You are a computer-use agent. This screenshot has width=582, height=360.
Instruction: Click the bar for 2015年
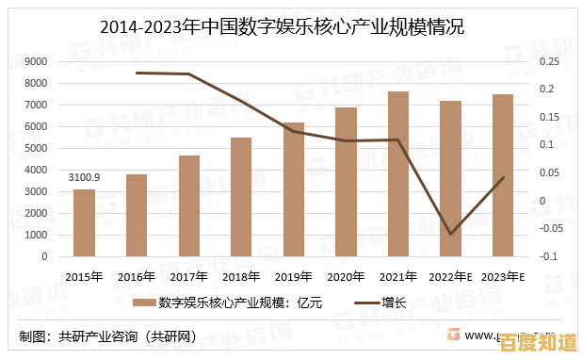click(84, 222)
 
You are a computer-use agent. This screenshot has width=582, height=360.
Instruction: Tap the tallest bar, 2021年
click(398, 173)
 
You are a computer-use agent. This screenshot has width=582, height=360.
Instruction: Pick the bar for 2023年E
click(503, 175)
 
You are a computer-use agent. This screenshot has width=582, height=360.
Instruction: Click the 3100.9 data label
click(84, 177)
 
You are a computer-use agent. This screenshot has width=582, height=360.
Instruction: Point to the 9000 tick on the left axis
click(36, 61)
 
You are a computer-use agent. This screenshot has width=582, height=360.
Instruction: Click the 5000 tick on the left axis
click(36, 148)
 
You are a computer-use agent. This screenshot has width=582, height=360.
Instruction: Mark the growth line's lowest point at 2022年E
click(451, 234)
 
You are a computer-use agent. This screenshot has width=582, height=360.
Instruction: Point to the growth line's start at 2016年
click(137, 73)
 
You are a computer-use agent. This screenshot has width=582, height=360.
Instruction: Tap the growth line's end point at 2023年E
click(504, 177)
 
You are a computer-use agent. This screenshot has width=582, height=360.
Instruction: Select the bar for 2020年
click(346, 182)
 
